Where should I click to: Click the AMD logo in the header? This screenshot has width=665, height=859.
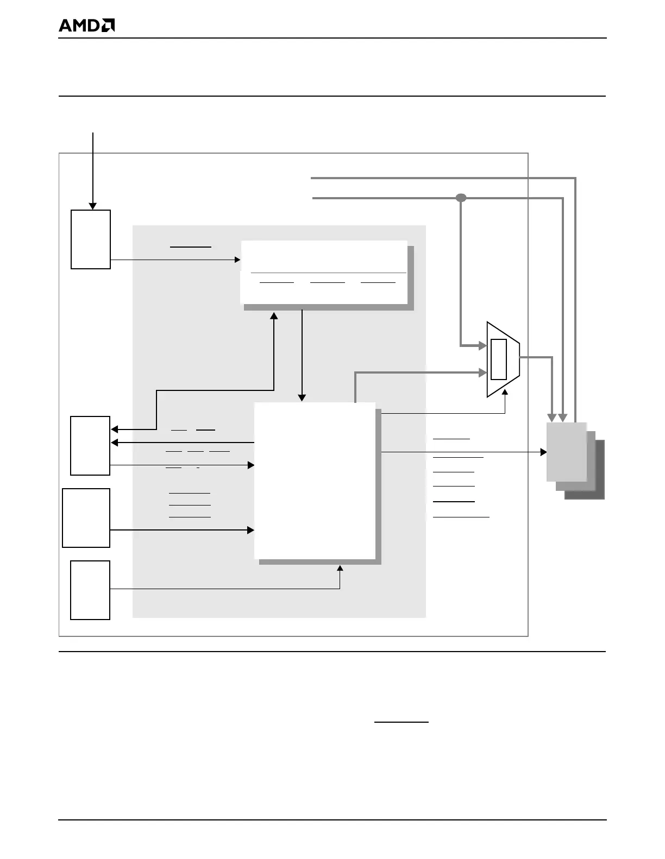click(86, 26)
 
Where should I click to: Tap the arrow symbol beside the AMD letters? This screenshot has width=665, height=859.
click(108, 26)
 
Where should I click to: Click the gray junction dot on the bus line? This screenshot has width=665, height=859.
click(461, 198)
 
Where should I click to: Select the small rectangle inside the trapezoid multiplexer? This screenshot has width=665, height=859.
click(498, 359)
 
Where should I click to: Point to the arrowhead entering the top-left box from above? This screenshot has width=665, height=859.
click(93, 206)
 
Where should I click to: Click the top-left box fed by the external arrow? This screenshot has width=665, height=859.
click(91, 239)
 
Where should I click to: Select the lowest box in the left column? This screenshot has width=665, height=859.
click(90, 590)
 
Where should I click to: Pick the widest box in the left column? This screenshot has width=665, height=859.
click(86, 517)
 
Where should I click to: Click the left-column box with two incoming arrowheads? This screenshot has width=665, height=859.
click(90, 445)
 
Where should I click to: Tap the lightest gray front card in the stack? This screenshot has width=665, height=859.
click(566, 451)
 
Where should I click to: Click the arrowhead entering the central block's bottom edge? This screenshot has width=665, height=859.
click(340, 568)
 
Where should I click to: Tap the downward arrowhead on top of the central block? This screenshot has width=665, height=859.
click(302, 398)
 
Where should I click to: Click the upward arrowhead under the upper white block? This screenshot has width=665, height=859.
click(274, 315)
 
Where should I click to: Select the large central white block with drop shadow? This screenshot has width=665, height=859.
click(315, 481)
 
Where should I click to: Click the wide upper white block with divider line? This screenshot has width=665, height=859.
click(324, 271)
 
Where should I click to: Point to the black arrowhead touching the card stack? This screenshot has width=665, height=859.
click(543, 452)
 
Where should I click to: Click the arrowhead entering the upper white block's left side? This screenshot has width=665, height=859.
click(237, 260)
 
